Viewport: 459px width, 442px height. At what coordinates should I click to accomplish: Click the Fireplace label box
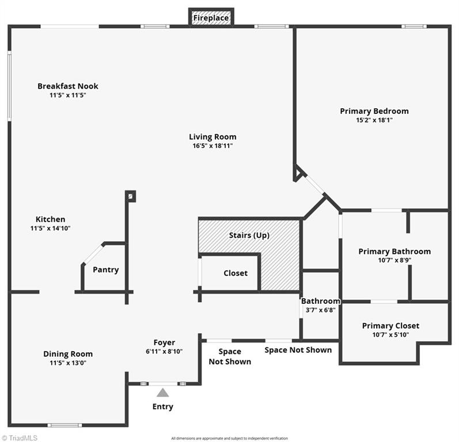point(211,18)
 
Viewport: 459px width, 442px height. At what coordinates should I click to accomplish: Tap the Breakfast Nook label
point(68,86)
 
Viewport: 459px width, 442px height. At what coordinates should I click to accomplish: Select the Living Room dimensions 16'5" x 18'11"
point(213,146)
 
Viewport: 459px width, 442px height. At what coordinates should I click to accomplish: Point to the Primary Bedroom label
point(374,111)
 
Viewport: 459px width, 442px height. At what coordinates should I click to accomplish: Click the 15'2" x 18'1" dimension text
point(374,120)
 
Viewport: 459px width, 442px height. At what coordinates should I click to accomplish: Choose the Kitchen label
point(50,219)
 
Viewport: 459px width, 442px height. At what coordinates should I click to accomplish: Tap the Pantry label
point(105,269)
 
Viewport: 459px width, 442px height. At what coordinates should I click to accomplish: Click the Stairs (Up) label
point(249,235)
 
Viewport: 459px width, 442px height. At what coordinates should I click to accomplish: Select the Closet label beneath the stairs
point(235,273)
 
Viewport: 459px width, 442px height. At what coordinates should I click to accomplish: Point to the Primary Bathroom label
point(394,252)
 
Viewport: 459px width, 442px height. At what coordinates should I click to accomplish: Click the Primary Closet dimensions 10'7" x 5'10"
point(390,334)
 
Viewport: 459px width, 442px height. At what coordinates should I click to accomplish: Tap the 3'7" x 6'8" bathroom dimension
point(321,310)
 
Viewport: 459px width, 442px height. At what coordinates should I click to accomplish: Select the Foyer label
point(164,342)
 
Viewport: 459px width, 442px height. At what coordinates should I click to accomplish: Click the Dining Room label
point(68,354)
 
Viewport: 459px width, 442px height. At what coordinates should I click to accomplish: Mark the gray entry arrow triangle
point(163,393)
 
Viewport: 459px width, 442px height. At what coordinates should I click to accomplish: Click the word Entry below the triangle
point(163,407)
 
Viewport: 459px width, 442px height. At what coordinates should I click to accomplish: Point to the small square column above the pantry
point(131,196)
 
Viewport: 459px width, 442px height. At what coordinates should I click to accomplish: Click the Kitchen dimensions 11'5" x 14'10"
point(50,228)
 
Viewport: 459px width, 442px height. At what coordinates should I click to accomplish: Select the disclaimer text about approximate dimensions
point(229,439)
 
